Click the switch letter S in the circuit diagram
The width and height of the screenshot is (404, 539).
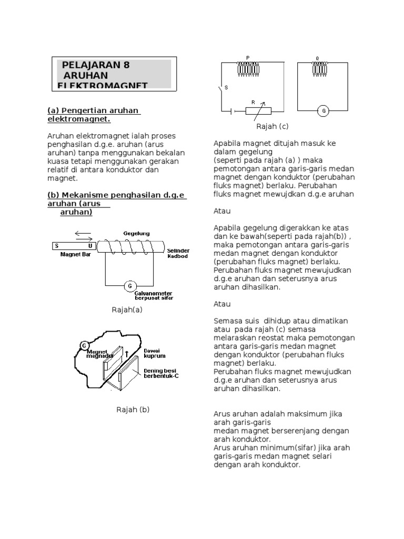coord(226,88)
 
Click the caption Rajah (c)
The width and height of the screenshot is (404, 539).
coord(272,126)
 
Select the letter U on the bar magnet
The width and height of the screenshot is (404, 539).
coord(90,246)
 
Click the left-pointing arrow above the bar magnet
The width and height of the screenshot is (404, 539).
coord(83,233)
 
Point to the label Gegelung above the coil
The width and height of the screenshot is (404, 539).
coord(136,233)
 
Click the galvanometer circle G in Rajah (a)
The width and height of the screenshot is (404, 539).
coord(129,286)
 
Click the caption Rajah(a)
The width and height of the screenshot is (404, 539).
coord(127,310)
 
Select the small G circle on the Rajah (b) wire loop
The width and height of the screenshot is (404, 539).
coord(84,345)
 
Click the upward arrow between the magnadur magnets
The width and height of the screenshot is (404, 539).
coord(126,354)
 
